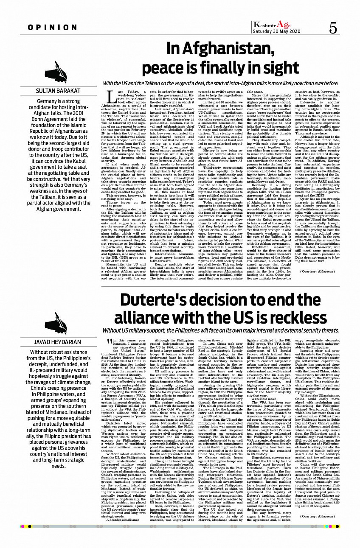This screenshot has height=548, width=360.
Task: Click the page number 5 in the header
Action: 333,28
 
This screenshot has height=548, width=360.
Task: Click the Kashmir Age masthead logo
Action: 272,25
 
